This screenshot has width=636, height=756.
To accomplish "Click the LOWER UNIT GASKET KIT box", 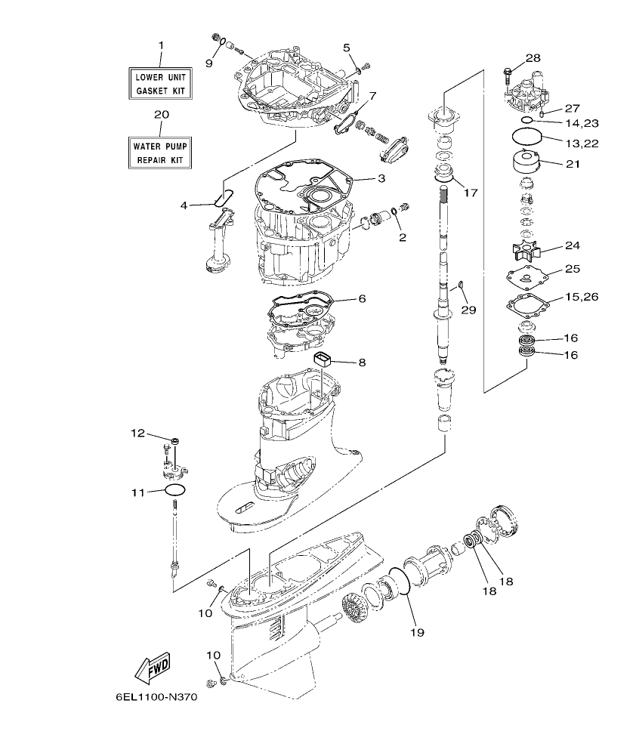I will click(x=159, y=83).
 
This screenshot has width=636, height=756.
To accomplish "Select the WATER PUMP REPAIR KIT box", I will click(x=159, y=152).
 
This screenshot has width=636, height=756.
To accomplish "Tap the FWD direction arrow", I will click(x=152, y=667).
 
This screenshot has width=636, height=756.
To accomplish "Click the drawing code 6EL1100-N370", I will click(x=156, y=699).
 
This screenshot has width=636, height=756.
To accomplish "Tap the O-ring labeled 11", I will click(x=174, y=491).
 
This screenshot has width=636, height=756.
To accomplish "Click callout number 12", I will click(x=137, y=433).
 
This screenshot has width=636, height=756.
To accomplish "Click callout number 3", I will click(x=381, y=178).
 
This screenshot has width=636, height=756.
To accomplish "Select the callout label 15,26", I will click(x=581, y=298).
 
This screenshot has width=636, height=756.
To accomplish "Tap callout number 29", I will click(x=468, y=310).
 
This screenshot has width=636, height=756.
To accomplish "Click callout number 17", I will click(x=471, y=193).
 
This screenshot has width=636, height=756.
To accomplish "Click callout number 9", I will click(x=209, y=63).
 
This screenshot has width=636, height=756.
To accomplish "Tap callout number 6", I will click(x=362, y=299).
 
